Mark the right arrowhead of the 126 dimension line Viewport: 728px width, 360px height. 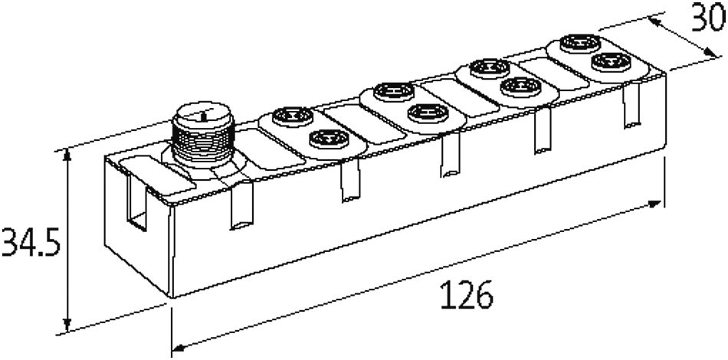(x=655, y=204)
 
